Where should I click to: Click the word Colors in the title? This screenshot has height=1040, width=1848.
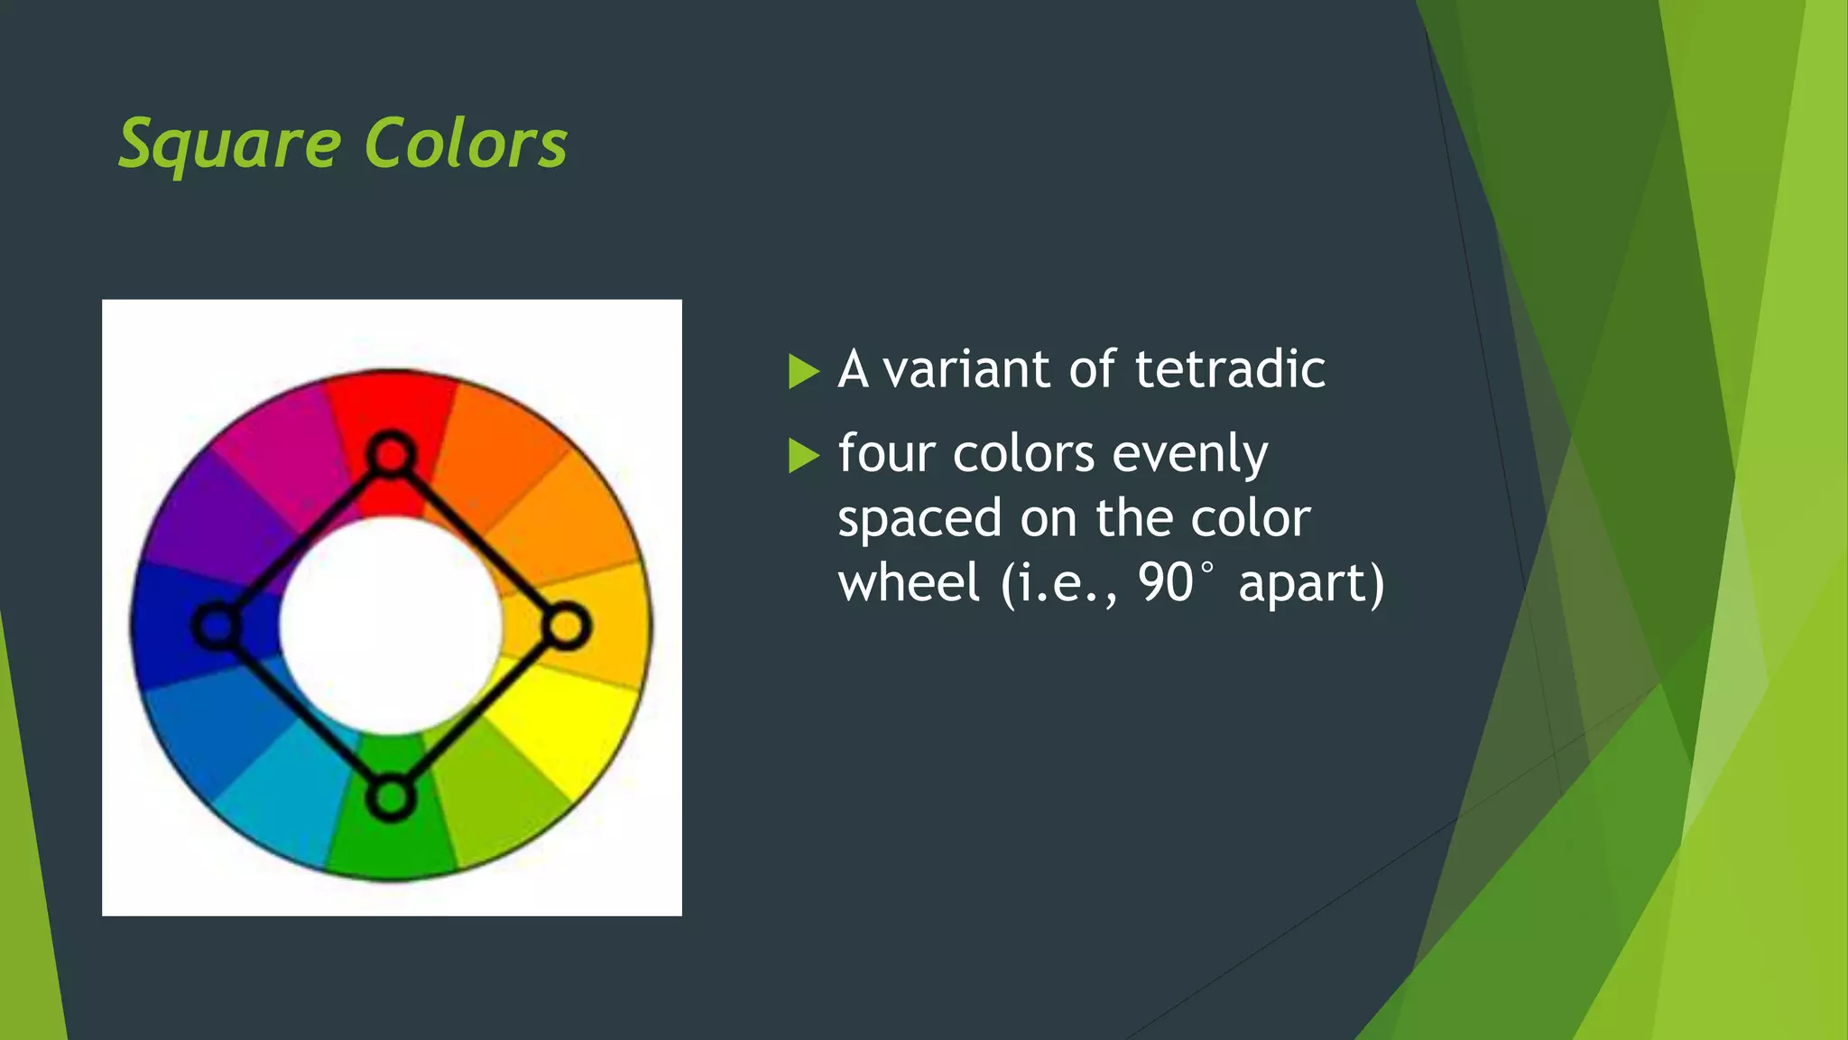(x=466, y=144)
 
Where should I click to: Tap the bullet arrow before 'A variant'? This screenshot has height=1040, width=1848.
(x=802, y=371)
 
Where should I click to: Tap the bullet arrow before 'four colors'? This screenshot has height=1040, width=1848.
(x=802, y=455)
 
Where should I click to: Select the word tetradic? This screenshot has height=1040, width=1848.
(x=1230, y=370)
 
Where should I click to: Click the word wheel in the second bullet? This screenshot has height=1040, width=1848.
(x=909, y=582)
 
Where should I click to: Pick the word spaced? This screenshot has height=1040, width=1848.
(x=919, y=519)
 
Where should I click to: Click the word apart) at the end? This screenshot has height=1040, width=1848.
(x=1310, y=582)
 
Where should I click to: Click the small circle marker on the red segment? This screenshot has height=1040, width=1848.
(x=391, y=454)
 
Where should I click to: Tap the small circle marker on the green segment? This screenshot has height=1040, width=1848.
(x=391, y=798)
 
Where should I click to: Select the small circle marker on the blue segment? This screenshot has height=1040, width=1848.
(x=217, y=626)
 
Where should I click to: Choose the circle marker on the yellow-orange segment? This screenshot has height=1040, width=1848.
(x=567, y=627)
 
